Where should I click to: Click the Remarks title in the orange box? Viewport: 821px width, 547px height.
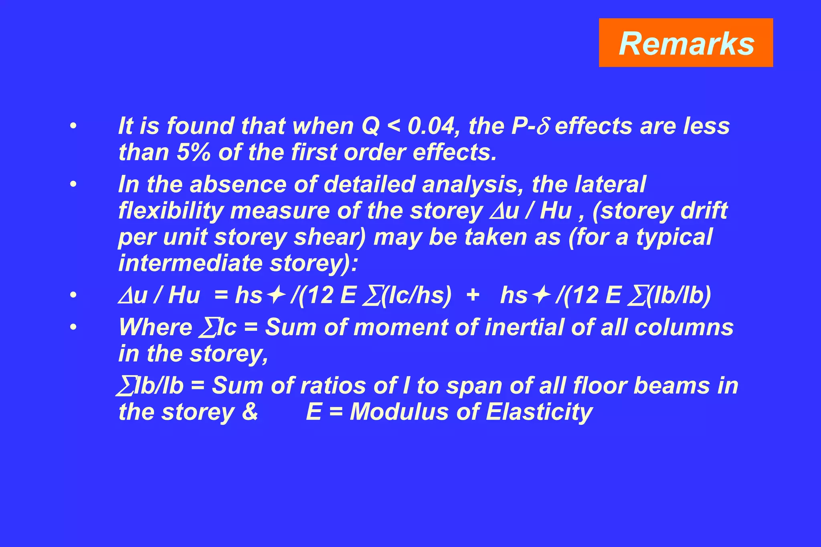pos(686,43)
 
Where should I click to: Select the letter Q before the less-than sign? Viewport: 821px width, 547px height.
pos(370,126)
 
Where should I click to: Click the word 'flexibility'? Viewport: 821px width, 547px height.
pos(171,211)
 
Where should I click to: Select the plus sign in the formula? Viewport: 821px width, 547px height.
pos(473,296)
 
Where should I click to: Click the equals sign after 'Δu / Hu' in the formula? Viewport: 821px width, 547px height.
pos(221,296)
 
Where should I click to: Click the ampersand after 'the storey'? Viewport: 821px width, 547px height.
pos(250,412)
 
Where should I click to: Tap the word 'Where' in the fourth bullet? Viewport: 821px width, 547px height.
pos(156,327)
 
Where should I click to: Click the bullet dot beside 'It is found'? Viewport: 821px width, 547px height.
pos(73,127)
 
